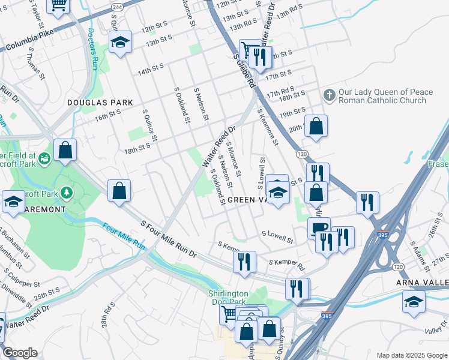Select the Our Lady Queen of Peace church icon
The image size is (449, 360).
[x=329, y=95]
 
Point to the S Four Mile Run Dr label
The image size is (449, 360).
[x=168, y=239]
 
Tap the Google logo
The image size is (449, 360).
[x=20, y=353]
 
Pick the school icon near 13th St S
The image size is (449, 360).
[x=120, y=43]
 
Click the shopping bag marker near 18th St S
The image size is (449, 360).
[x=65, y=150]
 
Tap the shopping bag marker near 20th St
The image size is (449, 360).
[x=316, y=126]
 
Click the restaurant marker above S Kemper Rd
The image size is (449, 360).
[x=244, y=261]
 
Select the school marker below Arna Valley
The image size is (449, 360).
[x=414, y=301]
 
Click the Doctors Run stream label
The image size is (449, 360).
[x=93, y=48]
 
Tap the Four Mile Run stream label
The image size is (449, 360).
[x=124, y=237]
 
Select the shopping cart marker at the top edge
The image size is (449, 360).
[x=59, y=5]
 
